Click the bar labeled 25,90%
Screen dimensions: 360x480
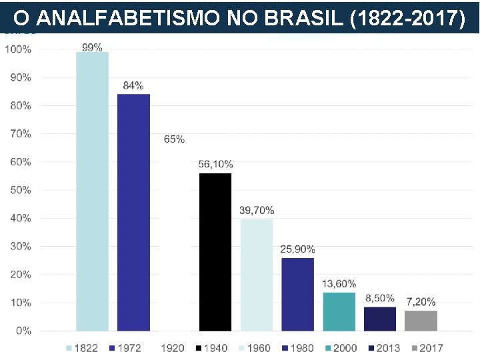coord(297,294)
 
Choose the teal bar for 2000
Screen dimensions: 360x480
coord(339,311)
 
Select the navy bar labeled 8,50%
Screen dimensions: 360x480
coord(380,319)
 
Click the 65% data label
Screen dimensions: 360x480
coord(174,139)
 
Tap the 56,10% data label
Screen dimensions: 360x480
coord(215,164)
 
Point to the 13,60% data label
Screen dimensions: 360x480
coord(339,284)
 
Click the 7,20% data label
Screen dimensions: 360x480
coord(421,301)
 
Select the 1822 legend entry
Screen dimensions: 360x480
coord(82,348)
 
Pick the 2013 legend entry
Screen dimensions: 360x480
coord(383,348)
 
